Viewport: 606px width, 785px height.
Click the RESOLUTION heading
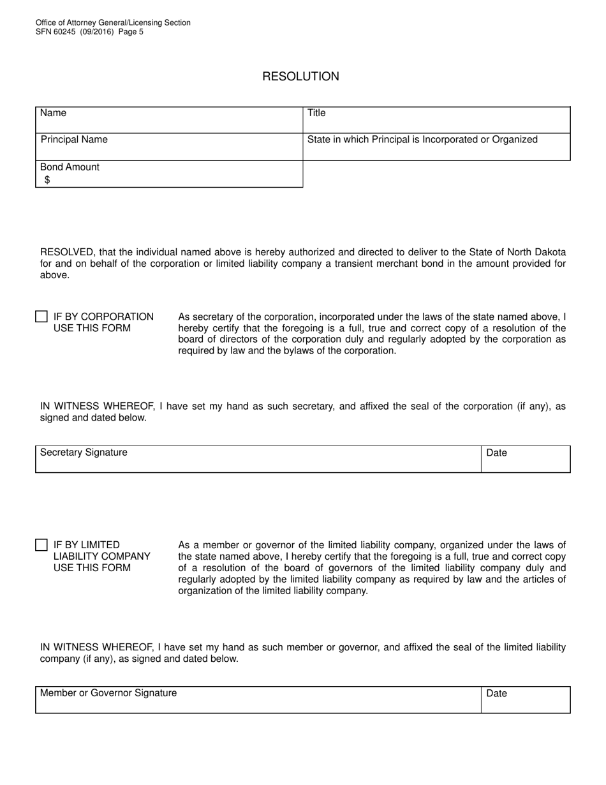pos(300,77)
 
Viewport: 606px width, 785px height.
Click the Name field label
pos(53,113)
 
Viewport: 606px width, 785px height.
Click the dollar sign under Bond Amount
pos(47,180)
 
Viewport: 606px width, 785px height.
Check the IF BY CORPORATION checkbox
pos(41,317)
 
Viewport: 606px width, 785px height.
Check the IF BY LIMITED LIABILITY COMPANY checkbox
pos(41,545)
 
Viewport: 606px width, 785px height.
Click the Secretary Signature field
pos(258,460)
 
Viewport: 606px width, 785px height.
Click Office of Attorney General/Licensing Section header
pos(113,22)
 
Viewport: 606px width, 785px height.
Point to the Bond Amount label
pos(70,167)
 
